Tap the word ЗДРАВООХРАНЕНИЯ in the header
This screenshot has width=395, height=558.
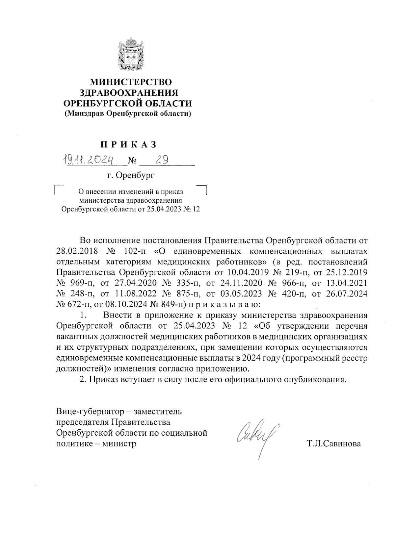(x=131, y=92)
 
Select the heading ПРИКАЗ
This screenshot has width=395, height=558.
(x=128, y=144)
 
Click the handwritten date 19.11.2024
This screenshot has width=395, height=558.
(x=88, y=160)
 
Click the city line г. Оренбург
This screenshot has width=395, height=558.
(x=131, y=175)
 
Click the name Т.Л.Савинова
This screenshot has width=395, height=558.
(x=334, y=444)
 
